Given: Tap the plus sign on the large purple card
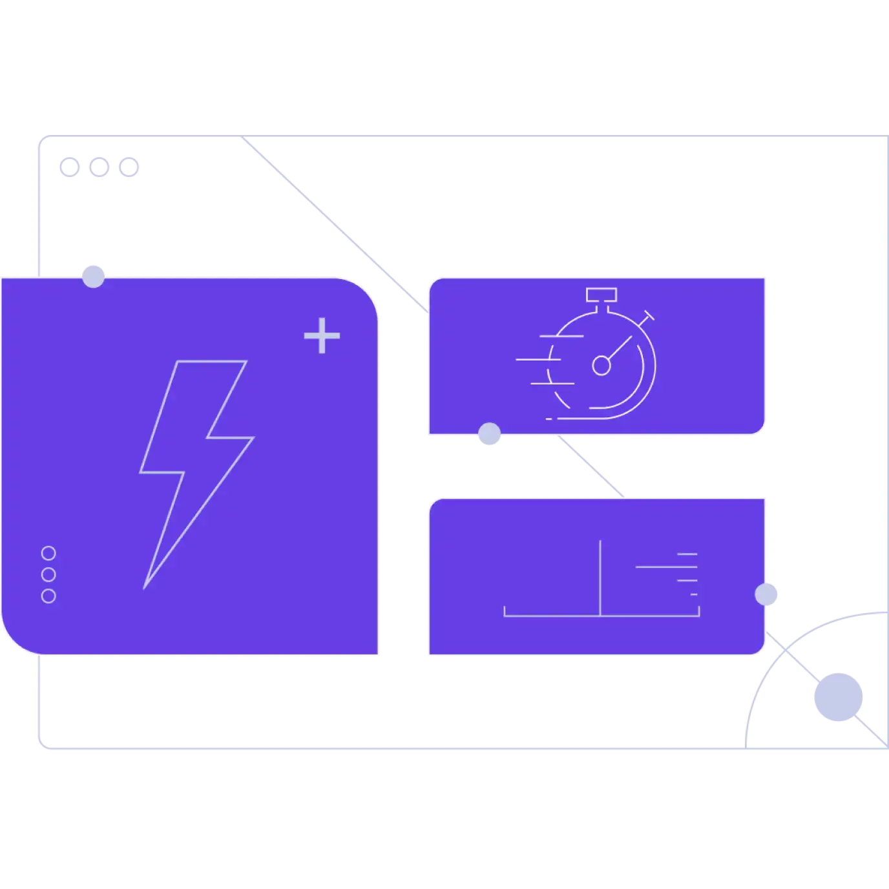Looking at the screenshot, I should click(x=322, y=335).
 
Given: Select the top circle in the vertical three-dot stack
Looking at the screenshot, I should click(x=48, y=553).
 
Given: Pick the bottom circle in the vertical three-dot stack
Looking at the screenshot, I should click(x=48, y=596).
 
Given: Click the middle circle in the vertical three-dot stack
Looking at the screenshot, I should click(x=48, y=574).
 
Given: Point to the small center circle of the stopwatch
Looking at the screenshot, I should click(x=601, y=366).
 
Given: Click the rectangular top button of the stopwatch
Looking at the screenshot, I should click(x=601, y=295).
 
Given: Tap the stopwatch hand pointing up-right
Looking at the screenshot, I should click(x=620, y=348).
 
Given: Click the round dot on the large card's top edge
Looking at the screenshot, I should click(x=93, y=276).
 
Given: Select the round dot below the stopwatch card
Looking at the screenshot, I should click(x=489, y=435).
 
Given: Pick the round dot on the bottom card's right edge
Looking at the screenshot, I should click(x=767, y=594).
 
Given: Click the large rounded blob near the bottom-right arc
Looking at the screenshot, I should click(x=837, y=697).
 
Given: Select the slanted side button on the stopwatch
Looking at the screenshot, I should click(x=647, y=316).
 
